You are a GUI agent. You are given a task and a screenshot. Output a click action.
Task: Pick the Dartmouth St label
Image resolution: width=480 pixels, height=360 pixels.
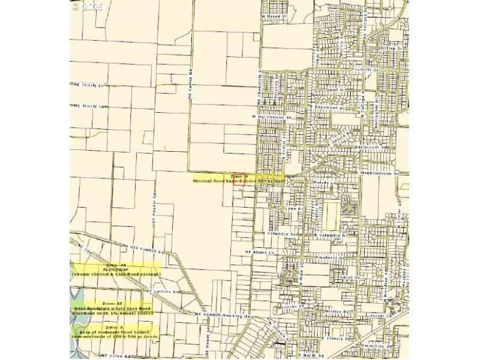pos(376,147)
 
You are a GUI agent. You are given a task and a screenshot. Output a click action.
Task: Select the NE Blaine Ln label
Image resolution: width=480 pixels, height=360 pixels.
pos(259,252)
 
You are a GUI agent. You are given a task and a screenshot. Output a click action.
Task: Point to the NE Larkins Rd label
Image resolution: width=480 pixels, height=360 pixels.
pos(163,292)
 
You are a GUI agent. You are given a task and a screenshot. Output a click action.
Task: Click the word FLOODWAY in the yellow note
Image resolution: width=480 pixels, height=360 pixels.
pos(116,269)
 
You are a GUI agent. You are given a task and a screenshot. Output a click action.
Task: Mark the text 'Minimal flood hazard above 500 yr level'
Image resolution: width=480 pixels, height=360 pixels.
pos(238,180)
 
